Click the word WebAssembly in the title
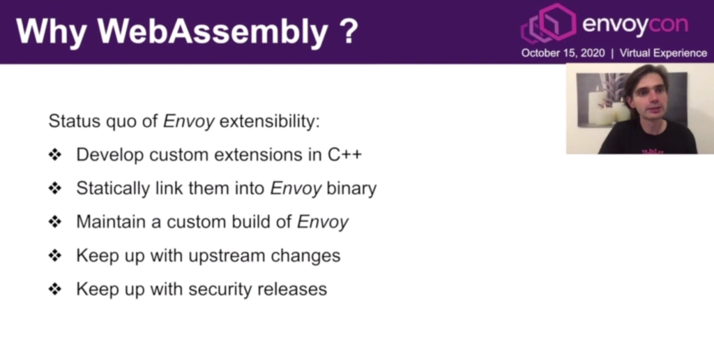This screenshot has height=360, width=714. (x=212, y=32)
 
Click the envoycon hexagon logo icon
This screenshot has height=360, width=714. (x=549, y=23)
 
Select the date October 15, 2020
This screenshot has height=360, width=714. (x=563, y=53)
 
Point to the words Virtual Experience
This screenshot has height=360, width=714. (x=663, y=53)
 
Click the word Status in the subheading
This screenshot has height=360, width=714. (x=74, y=121)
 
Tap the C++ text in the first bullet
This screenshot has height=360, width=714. (x=344, y=154)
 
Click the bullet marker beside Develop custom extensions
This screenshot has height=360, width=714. (x=55, y=154)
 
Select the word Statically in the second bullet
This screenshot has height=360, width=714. (x=113, y=188)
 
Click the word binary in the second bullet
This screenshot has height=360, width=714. (x=351, y=188)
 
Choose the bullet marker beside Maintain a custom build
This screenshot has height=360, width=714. (x=55, y=222)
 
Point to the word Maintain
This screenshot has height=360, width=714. (x=111, y=221)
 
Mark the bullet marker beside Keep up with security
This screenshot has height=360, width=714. (x=55, y=289)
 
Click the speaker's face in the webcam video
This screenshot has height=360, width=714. (x=648, y=95)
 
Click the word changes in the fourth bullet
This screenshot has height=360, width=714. (x=305, y=255)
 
